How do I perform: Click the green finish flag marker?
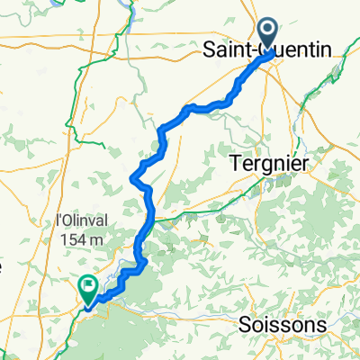coord(88,289)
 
